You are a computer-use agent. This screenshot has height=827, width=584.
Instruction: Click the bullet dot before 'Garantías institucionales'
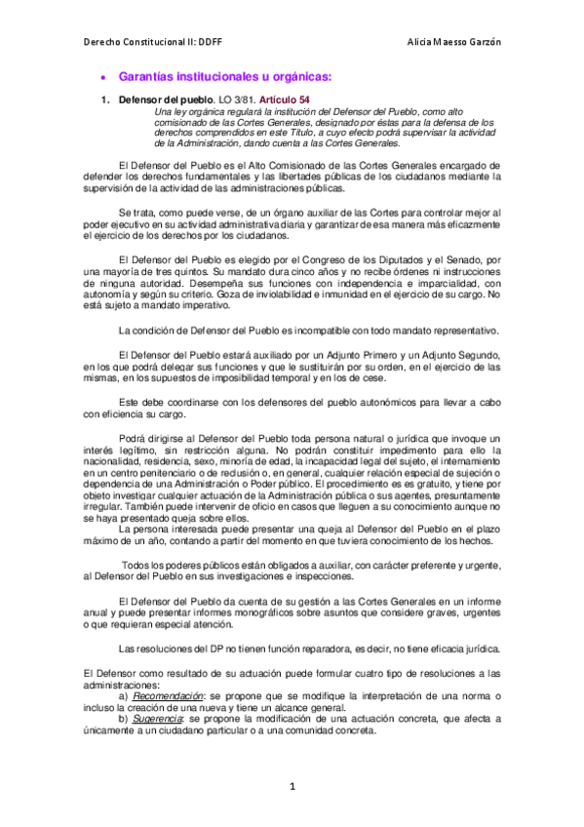click(104, 77)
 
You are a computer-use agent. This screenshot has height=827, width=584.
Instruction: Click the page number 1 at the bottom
click(291, 785)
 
